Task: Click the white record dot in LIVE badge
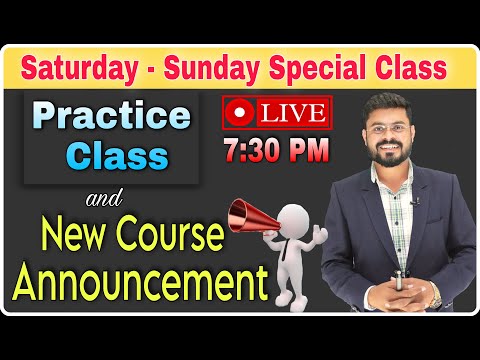click(x=238, y=111)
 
